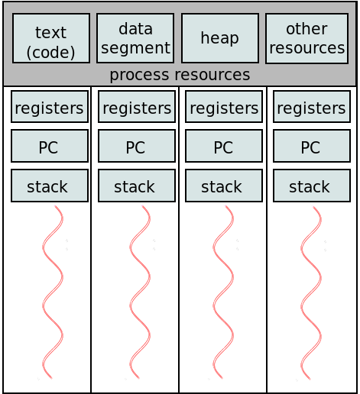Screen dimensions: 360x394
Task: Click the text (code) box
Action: [51, 38]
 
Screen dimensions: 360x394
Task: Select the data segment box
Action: [135, 38]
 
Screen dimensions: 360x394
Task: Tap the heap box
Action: [220, 38]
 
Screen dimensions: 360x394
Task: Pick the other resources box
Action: [306, 38]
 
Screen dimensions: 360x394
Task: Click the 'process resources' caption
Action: [180, 75]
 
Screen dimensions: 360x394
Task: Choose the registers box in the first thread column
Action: [50, 107]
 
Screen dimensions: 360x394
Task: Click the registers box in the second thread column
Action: [137, 107]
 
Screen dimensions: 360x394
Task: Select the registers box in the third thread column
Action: [224, 107]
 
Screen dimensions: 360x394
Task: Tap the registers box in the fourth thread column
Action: [312, 107]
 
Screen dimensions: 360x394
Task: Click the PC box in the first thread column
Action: [50, 146]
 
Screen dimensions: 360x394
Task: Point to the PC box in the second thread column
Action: [137, 146]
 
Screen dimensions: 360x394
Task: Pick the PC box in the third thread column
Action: [224, 146]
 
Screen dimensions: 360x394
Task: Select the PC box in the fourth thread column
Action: [312, 146]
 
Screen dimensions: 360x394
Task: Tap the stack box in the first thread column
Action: [50, 186]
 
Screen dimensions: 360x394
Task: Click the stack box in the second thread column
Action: [137, 186]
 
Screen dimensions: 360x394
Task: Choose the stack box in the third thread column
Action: [224, 186]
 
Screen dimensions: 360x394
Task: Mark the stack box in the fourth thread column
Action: [312, 186]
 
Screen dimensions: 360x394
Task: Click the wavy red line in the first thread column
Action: [53, 292]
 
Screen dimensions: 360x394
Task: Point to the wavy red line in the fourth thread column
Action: [311, 292]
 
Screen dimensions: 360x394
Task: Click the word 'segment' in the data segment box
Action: [135, 48]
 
